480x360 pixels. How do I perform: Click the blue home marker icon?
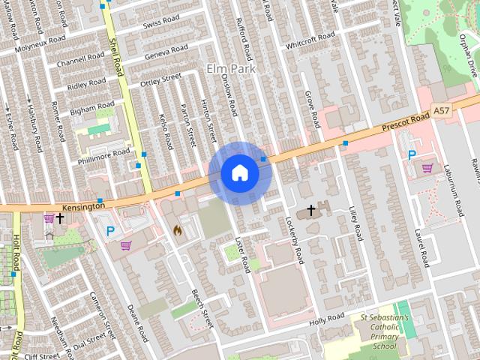pyautogui.click(x=239, y=173)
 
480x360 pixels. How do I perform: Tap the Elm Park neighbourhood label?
pyautogui.click(x=231, y=69)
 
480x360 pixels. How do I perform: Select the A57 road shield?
pyautogui.click(x=442, y=111)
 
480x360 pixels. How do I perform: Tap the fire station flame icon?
pyautogui.click(x=178, y=229)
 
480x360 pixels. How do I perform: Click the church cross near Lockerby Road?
pyautogui.click(x=310, y=211)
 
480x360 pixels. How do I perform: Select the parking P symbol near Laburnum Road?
pyautogui.click(x=411, y=154)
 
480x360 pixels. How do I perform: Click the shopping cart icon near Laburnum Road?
pyautogui.click(x=427, y=168)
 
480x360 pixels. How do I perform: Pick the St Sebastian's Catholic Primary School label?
pyautogui.click(x=384, y=331)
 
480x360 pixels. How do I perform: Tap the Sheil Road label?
pyautogui.click(x=116, y=58)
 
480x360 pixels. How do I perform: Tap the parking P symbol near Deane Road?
pyautogui.click(x=111, y=232)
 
